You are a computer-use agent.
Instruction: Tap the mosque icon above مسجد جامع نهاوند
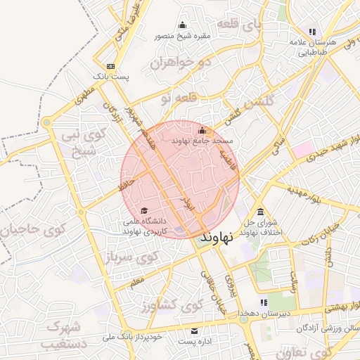coord(202,130)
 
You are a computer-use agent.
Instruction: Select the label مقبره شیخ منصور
coord(183,35)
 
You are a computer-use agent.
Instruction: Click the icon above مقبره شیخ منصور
coord(183,25)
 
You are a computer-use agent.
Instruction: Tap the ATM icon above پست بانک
coord(110,65)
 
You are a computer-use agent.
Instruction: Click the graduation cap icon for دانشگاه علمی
coord(144,210)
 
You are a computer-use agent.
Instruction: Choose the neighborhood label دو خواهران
coord(180,63)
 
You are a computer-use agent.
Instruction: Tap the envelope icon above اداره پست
coord(195,331)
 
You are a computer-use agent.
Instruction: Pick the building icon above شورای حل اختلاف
coord(261,212)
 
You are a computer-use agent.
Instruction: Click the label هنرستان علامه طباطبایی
coord(313,46)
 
